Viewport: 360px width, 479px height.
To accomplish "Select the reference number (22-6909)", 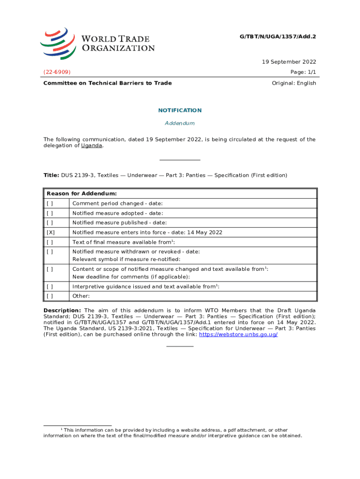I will click(x=57, y=72).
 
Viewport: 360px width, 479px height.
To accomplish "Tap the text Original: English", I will click(x=294, y=83).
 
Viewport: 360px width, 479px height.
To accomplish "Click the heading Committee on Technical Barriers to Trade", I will click(x=108, y=83).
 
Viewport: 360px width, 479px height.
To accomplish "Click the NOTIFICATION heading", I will click(x=180, y=110).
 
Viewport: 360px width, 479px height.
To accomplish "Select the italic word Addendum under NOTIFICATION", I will click(x=180, y=123).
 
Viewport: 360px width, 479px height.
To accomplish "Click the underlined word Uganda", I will click(x=91, y=145).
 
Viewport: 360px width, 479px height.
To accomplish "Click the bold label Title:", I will click(x=51, y=175).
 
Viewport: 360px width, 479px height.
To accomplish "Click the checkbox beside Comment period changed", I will click(x=50, y=203).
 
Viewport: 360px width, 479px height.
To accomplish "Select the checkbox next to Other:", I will click(x=50, y=296).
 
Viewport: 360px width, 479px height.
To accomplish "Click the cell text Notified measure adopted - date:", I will click(x=117, y=213).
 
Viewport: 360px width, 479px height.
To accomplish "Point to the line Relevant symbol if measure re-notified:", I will click(x=126, y=259).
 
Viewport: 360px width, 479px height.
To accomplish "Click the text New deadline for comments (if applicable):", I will click(x=131, y=276).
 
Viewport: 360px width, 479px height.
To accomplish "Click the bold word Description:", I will click(x=62, y=311).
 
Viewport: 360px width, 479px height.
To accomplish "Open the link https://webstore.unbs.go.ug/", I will click(x=238, y=335).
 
